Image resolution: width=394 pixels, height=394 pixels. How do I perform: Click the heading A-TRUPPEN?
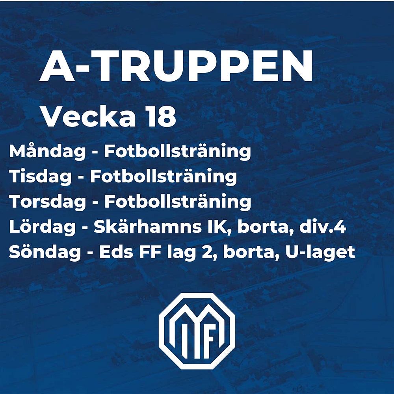(x=176, y=66)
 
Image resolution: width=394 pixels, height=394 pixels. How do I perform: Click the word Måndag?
(x=47, y=152)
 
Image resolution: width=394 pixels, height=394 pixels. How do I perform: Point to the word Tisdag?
(x=40, y=177)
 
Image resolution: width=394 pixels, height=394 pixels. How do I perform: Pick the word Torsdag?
(x=48, y=201)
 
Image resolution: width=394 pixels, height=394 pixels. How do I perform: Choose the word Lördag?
(x=43, y=227)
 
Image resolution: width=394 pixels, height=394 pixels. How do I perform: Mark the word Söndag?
(x=45, y=252)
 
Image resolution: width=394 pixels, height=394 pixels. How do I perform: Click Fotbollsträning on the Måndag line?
(x=178, y=152)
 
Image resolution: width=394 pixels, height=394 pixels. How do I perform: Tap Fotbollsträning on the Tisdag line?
(x=164, y=177)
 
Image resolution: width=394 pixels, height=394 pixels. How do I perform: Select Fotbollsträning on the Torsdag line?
(x=178, y=201)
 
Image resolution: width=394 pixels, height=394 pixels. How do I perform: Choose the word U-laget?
(x=320, y=252)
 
